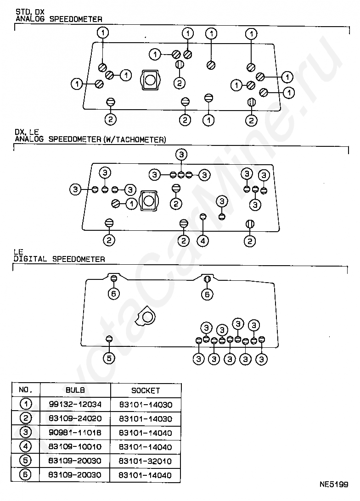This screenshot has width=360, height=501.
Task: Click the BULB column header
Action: (x=75, y=390)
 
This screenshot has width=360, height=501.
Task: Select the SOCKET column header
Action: (x=146, y=390)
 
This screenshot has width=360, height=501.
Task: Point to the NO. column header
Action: (x=26, y=390)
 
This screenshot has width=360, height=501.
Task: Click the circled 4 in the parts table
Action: (x=26, y=446)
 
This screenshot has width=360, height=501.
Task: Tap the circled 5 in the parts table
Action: (x=26, y=461)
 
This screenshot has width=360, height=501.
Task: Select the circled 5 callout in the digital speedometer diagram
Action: (x=109, y=358)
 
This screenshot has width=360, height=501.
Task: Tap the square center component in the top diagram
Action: (x=150, y=80)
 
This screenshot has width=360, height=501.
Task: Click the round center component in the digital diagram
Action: (x=147, y=317)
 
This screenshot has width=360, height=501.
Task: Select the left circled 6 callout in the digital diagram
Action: (x=114, y=294)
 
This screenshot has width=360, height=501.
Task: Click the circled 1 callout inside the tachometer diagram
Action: (x=131, y=203)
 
